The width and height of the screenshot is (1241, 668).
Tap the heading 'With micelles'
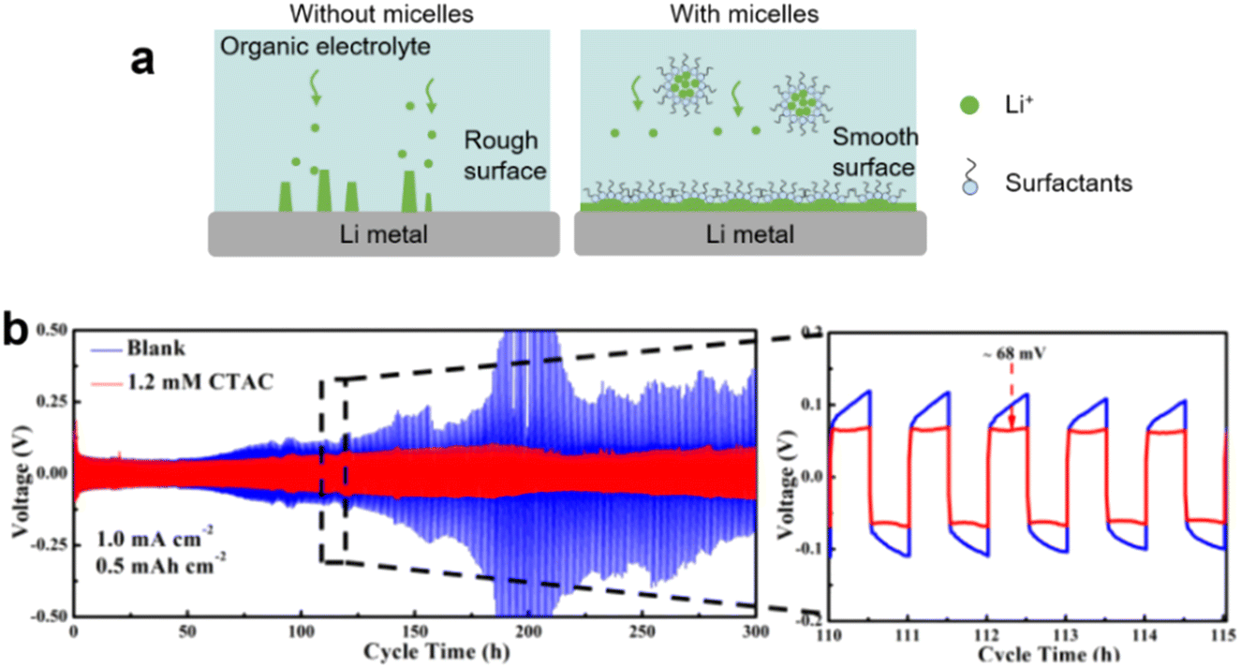746,14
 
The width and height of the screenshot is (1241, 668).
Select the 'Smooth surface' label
877,154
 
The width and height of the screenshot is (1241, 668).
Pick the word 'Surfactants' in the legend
1069,183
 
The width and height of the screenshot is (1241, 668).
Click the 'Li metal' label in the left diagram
380,234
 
